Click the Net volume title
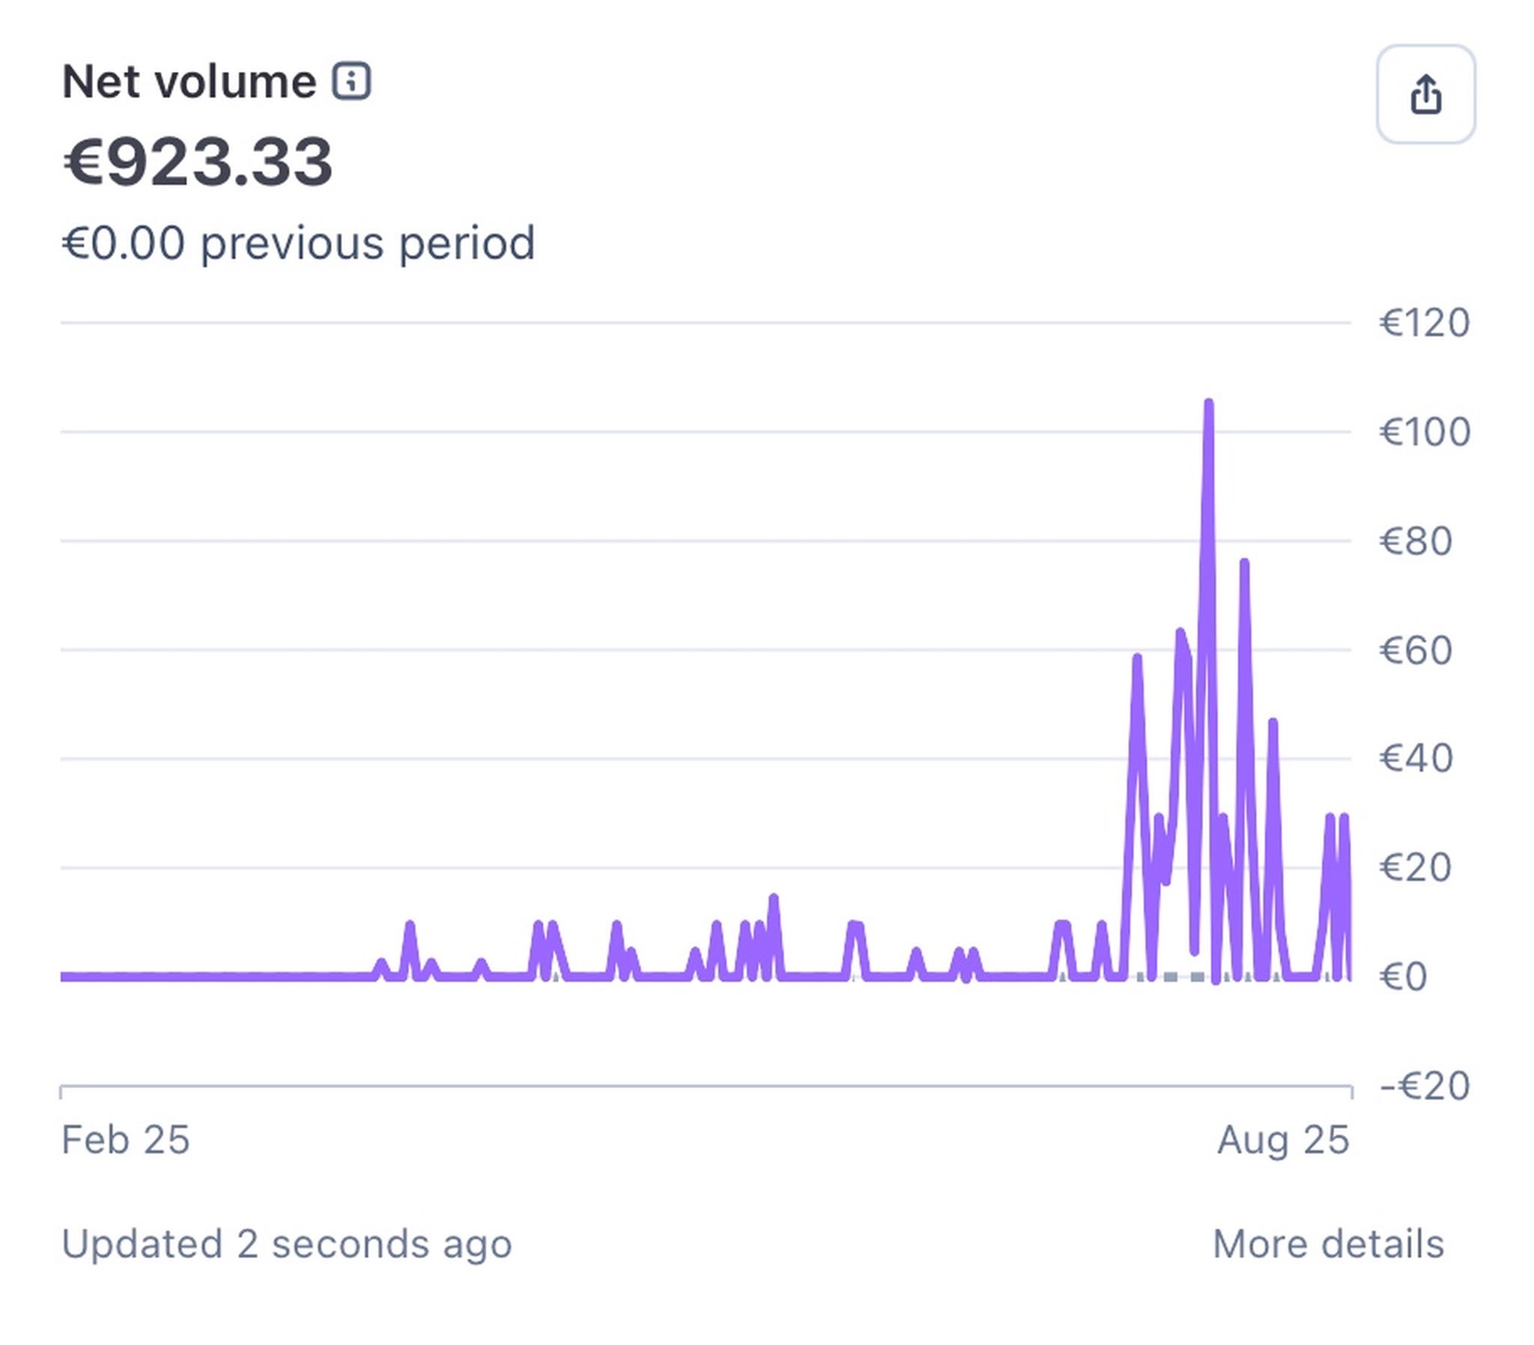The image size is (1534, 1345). tap(189, 82)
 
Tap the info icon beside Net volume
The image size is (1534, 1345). tap(351, 81)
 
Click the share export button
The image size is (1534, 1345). tap(1425, 94)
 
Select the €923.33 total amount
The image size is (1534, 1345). tap(198, 162)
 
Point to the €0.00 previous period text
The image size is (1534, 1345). tap(299, 244)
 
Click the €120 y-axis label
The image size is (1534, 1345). tap(1425, 324)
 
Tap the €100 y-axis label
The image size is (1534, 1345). tap(1425, 432)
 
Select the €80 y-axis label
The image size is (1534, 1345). tap(1416, 541)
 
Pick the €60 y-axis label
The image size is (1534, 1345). tap(1416, 650)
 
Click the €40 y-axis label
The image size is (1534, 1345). tap(1416, 759)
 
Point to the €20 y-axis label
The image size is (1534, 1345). tap(1416, 868)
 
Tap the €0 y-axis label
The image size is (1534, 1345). tap(1403, 977)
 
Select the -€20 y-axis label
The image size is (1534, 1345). tap(1425, 1086)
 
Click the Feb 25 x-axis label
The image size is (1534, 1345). tap(125, 1140)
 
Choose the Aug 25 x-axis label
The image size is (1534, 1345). tap(1282, 1140)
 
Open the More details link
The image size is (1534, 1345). tap(1327, 1245)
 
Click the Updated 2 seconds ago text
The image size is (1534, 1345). tap(287, 1245)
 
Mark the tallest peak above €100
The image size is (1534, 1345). tap(1208, 404)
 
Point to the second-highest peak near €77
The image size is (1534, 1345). tap(1243, 563)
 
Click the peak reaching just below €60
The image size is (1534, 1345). tap(1137, 658)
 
